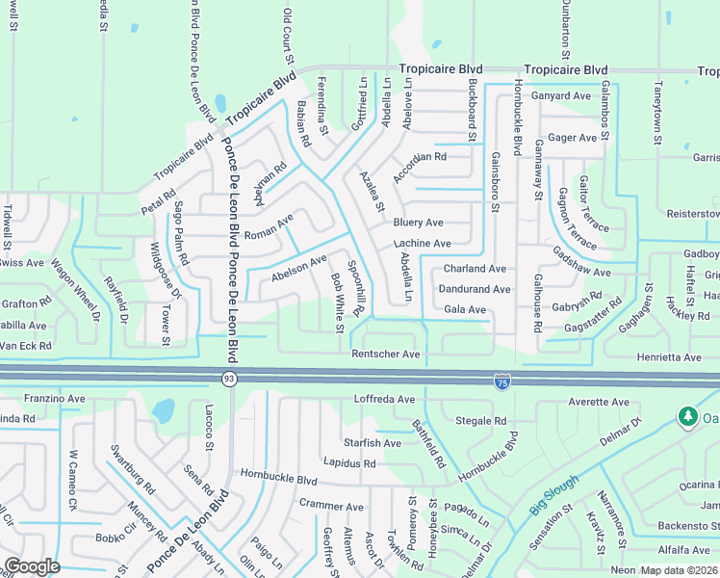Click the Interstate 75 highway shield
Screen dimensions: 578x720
[502, 382]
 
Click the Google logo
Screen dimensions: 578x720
[32, 566]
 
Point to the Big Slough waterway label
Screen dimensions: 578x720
[554, 494]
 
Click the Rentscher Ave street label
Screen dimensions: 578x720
[386, 355]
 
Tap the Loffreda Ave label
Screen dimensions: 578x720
[384, 399]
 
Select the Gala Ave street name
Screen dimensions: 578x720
[465, 309]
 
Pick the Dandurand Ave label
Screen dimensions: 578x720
[474, 289]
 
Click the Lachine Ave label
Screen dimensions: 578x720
[422, 244]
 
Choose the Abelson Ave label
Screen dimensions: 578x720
[299, 266]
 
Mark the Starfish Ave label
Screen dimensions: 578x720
[373, 443]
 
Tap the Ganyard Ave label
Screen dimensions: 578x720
[562, 96]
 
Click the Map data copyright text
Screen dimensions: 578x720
[680, 570]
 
